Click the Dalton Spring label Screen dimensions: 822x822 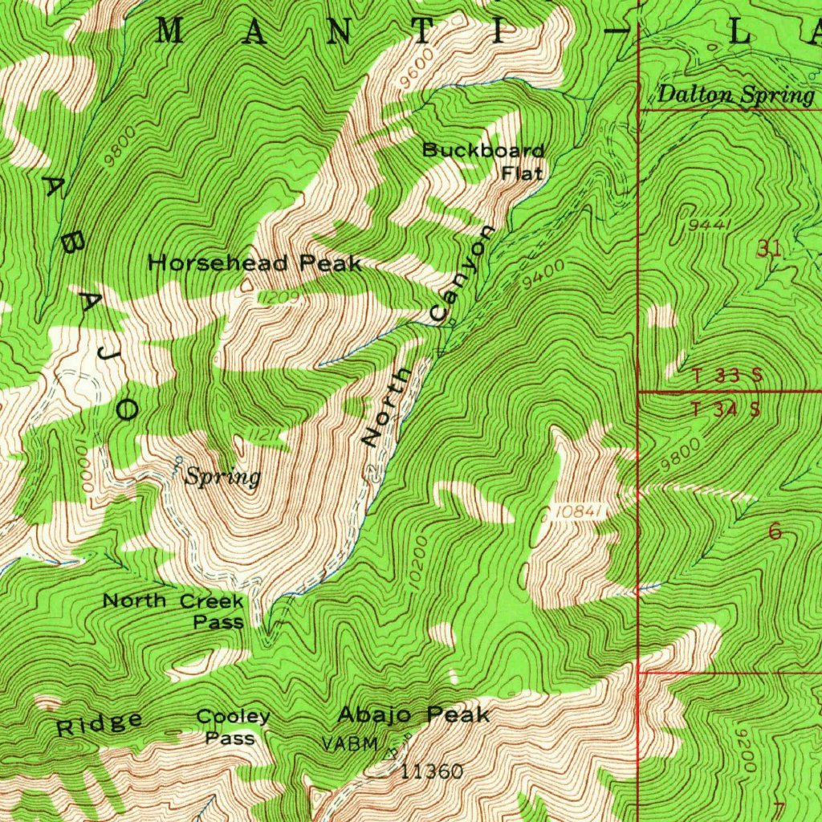point(735,96)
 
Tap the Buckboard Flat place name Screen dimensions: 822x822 point(484,161)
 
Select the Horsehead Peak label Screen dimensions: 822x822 point(255,263)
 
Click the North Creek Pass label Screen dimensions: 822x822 point(173,610)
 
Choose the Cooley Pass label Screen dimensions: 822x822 point(233,726)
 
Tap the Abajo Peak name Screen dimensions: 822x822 point(413,714)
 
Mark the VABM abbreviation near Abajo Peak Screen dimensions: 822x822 point(349,743)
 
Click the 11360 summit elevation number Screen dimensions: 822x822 point(432,772)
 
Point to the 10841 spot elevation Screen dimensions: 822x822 point(576,511)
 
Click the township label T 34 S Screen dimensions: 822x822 point(726,409)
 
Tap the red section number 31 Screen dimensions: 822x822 point(769,250)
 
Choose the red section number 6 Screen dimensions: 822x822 point(775,531)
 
